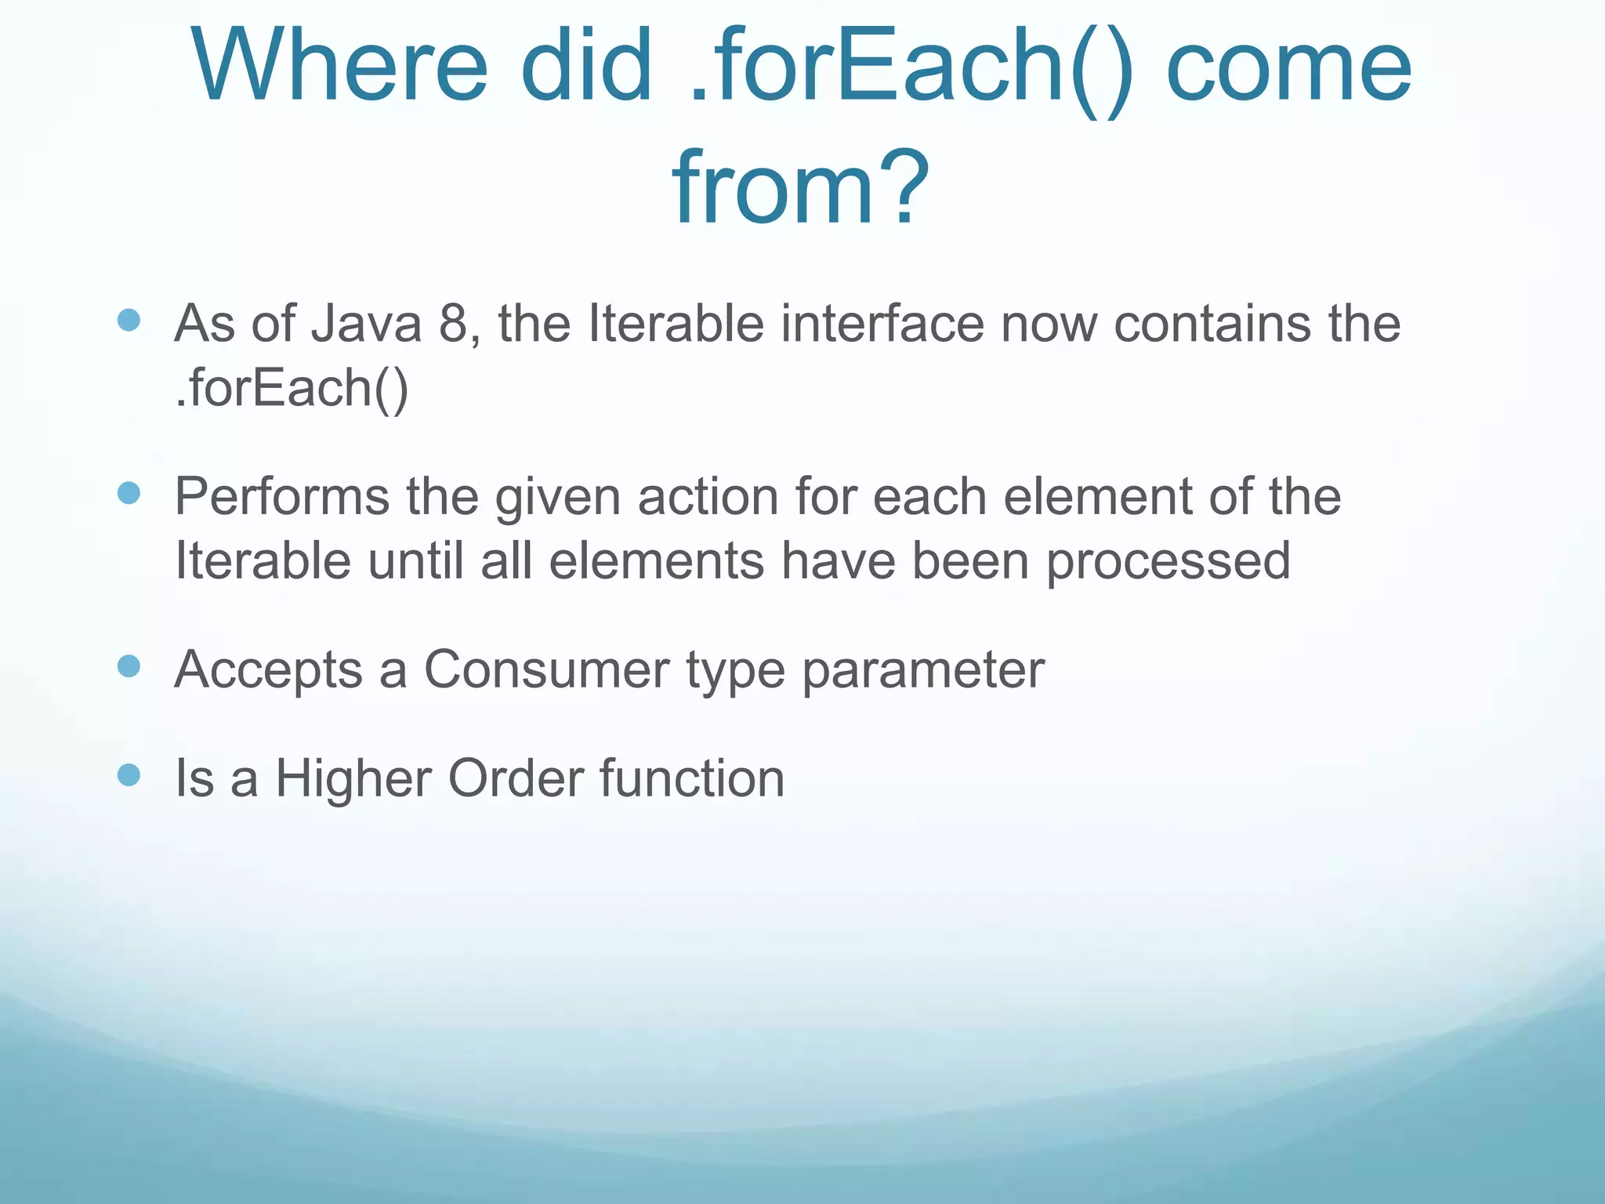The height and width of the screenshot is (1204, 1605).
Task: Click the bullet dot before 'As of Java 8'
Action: pos(129,320)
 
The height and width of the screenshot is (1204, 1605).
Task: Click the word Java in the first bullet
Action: pos(366,323)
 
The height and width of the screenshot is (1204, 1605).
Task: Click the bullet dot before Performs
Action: pos(129,493)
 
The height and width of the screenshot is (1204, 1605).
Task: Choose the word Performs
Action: pos(282,497)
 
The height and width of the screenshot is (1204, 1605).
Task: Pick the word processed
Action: pos(1168,561)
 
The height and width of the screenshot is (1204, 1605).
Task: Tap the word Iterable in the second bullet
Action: pos(263,561)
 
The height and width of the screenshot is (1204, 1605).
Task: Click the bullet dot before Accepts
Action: pos(129,666)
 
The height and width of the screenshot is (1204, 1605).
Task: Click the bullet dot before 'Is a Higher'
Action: pos(129,775)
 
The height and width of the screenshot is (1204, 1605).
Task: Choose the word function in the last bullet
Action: pos(692,778)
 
